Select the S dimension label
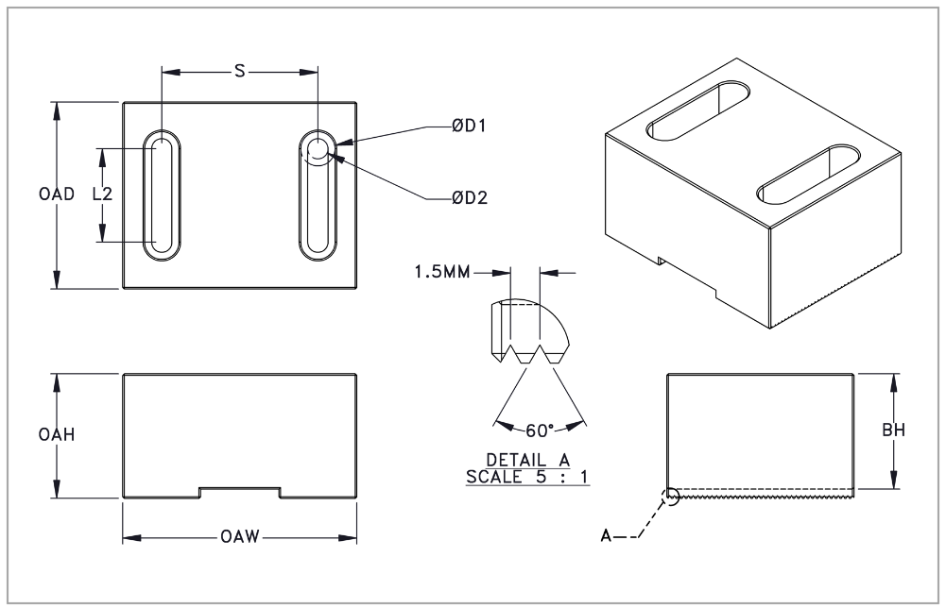pyautogui.click(x=240, y=71)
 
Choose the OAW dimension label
pyautogui.click(x=239, y=539)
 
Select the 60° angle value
pyautogui.click(x=538, y=431)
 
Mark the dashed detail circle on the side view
pyautogui.click(x=671, y=495)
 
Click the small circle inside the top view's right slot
pyautogui.click(x=318, y=148)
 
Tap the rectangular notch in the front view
pyautogui.click(x=239, y=493)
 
